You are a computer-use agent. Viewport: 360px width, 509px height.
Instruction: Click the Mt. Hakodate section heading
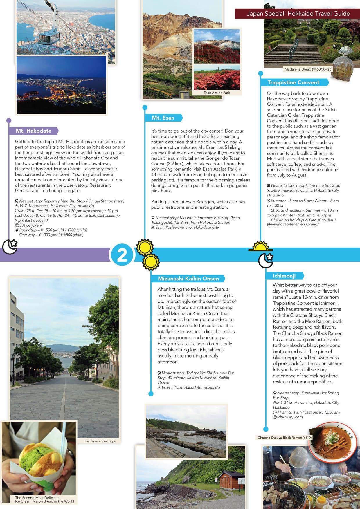click(x=33, y=131)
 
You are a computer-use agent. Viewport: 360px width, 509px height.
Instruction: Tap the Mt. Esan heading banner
click(x=163, y=118)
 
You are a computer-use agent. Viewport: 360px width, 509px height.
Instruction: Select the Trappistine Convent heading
click(x=293, y=82)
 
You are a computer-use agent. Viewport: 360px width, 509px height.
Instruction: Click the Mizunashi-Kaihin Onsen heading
click(x=188, y=279)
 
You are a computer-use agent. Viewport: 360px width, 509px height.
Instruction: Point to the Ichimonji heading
click(x=284, y=276)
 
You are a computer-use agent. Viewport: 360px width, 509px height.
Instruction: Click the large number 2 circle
click(x=122, y=255)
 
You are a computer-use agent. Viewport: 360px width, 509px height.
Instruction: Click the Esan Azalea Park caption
click(x=217, y=93)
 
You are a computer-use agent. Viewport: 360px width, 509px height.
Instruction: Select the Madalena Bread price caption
click(x=308, y=69)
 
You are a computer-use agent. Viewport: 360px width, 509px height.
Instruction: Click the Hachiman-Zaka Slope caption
click(x=100, y=441)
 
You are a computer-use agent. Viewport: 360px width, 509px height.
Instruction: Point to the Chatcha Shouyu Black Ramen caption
click(x=285, y=438)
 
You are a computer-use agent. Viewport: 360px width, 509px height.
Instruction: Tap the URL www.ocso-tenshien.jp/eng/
click(x=295, y=224)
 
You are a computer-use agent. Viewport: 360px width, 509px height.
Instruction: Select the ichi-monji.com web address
click(x=290, y=417)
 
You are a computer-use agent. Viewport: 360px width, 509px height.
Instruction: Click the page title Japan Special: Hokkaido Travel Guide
click(x=298, y=14)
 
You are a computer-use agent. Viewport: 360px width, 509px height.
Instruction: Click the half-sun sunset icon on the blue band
click(x=260, y=247)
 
